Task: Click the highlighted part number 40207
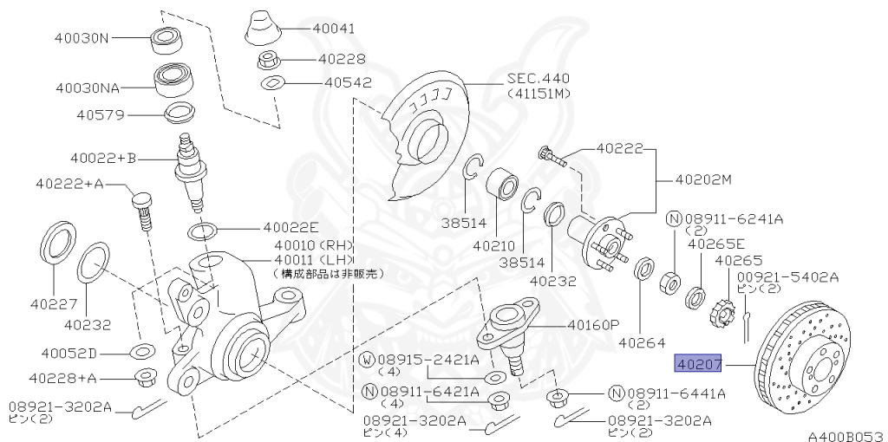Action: pos(700,365)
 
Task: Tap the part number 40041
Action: pos(334,28)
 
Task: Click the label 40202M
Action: pos(703,180)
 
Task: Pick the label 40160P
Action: pos(594,325)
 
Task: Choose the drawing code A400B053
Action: pos(846,435)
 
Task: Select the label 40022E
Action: pos(291,229)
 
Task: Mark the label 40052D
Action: pos(69,354)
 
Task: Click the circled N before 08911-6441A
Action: pos(617,393)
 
